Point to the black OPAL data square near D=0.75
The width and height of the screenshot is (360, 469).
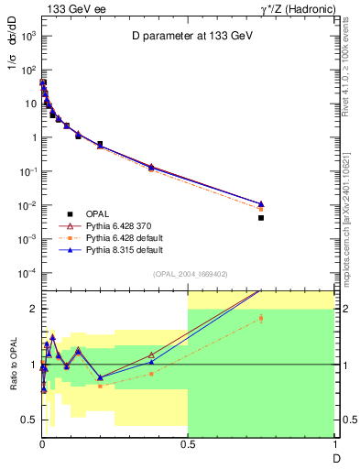pyautogui.click(x=261, y=218)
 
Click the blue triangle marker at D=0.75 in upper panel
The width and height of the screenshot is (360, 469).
pyautogui.click(x=261, y=203)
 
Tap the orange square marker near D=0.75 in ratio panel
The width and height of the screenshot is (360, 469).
pyautogui.click(x=261, y=319)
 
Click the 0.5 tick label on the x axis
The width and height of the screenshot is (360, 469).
pyautogui.click(x=188, y=444)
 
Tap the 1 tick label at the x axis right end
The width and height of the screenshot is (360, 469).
pyautogui.click(x=333, y=444)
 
